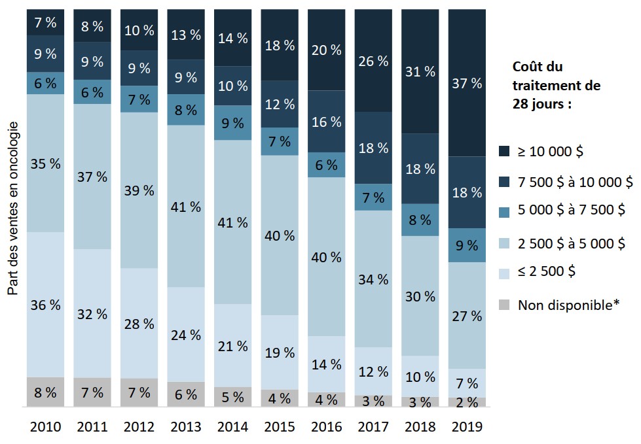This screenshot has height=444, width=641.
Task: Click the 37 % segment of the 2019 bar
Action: click(467, 83)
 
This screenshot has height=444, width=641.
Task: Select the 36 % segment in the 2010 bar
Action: click(45, 305)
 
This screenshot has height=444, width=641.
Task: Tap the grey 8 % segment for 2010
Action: click(45, 392)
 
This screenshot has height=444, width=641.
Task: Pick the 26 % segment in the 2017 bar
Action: click(373, 61)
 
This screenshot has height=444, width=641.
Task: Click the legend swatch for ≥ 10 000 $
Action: click(504, 151)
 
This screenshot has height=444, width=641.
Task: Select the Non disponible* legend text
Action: click(568, 305)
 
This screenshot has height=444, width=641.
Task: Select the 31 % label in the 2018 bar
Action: click(420, 71)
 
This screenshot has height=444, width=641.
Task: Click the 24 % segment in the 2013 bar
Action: click(186, 335)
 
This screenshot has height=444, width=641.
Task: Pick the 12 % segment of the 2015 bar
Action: click(280, 104)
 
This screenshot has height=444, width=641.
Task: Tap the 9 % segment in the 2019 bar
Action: click(467, 245)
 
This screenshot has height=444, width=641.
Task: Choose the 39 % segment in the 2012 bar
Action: click(139, 190)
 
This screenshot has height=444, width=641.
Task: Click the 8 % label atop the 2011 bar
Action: click(92, 26)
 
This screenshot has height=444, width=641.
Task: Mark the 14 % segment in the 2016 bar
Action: click(326, 364)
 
